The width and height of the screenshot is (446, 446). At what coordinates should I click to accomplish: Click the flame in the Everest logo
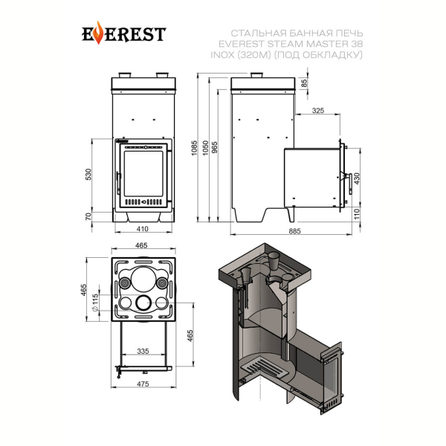(x=98, y=33)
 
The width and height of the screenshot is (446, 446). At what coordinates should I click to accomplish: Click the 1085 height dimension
(x=194, y=148)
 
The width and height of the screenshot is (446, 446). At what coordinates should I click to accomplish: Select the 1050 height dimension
(x=205, y=148)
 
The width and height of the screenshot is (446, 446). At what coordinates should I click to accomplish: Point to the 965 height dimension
(x=215, y=148)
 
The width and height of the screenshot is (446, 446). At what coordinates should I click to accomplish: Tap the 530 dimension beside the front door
(x=88, y=175)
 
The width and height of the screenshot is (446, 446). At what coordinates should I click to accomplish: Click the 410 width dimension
(x=143, y=229)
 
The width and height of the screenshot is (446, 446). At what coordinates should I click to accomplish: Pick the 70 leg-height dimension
(x=88, y=216)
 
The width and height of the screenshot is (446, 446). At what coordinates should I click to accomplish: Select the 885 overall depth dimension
(x=294, y=231)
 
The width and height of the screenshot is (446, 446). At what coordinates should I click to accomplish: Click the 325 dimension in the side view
(x=317, y=110)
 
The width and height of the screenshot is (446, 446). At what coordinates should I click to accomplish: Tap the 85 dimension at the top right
(x=304, y=83)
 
